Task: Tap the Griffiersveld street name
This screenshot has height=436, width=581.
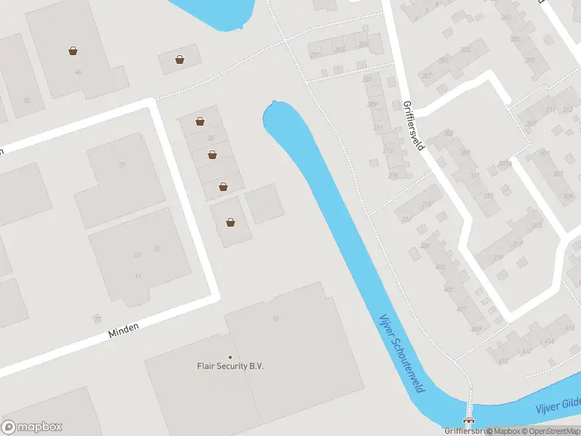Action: pos(413,125)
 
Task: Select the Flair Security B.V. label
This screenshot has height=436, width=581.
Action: pos(230,366)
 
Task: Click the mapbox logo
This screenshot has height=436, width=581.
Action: pos(31,427)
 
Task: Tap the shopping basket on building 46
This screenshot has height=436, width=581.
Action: pos(73,51)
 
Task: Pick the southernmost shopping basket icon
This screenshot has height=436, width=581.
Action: pos(230,222)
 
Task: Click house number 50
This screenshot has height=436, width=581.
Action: pos(27,100)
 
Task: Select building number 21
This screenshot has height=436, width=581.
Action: pos(122,165)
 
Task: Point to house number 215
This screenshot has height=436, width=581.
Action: pos(393,176)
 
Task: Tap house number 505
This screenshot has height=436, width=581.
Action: pos(567,196)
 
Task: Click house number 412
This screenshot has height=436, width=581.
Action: pos(527,352)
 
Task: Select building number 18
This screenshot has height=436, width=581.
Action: pos(275,318)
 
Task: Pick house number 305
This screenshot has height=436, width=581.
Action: pos(465,49)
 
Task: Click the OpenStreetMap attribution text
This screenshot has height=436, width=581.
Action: pos(548,431)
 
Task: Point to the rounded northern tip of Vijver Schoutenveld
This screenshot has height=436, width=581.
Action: pos(274,106)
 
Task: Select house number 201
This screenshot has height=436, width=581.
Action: pos(314,54)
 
